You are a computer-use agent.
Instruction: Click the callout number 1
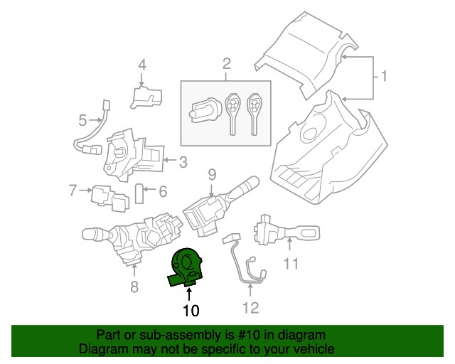click(x=384, y=75)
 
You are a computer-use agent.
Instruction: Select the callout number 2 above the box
click(x=226, y=65)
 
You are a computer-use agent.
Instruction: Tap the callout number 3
click(x=183, y=162)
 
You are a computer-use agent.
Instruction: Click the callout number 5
click(x=82, y=120)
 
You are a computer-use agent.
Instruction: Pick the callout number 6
click(x=162, y=191)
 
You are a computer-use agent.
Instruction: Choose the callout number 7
click(x=72, y=190)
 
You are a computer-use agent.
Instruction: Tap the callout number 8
click(x=134, y=287)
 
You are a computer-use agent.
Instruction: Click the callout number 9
click(x=211, y=173)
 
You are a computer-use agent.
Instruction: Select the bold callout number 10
click(x=190, y=310)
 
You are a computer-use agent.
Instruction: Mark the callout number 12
click(x=250, y=308)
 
